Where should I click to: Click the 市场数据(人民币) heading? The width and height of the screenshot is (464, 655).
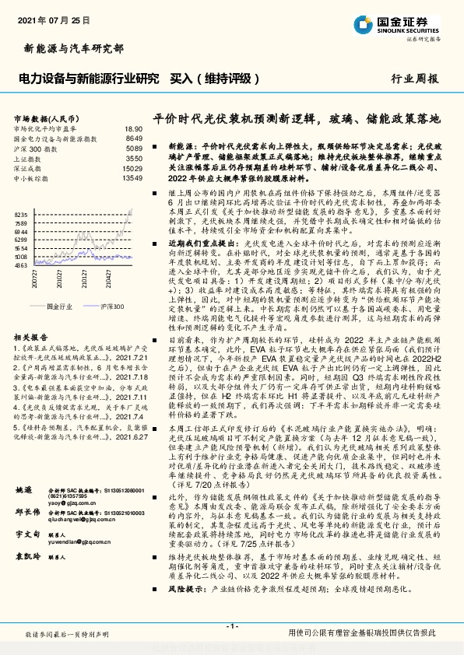(x=47, y=117)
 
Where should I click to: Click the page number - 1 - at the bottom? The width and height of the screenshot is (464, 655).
(x=231, y=627)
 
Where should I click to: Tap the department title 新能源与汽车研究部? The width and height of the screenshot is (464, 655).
(x=69, y=48)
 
